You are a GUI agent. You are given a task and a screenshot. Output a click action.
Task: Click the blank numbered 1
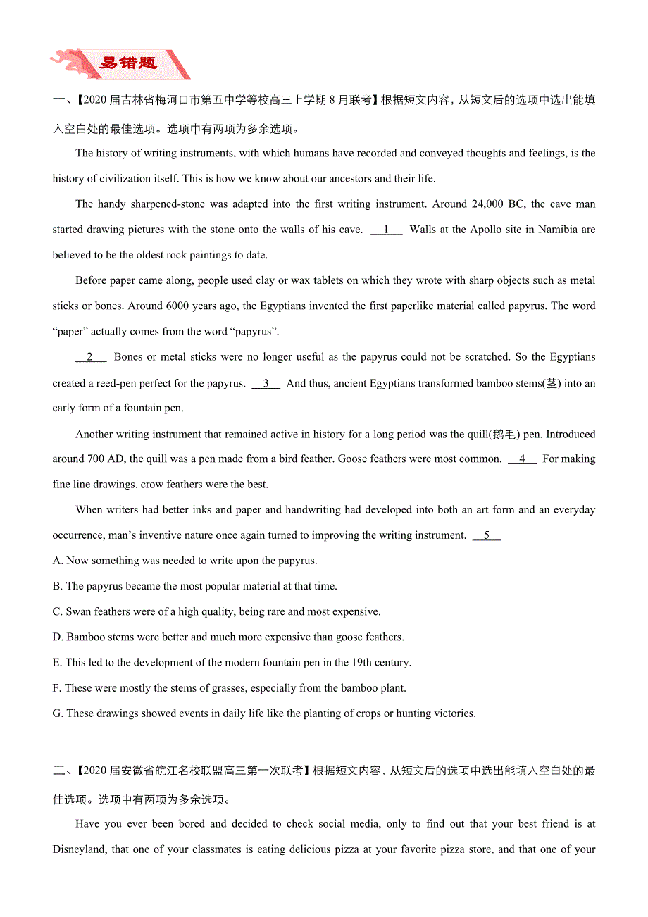386,230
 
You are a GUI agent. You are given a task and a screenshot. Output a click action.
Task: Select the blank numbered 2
90,357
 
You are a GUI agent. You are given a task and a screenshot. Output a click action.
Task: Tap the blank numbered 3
266,383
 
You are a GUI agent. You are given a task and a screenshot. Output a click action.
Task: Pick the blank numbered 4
522,459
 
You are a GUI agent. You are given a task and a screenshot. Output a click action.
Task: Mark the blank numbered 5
487,535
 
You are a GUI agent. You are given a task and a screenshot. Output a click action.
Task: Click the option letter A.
57,561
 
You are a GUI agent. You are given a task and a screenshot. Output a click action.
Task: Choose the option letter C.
57,612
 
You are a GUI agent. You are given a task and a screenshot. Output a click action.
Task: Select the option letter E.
57,663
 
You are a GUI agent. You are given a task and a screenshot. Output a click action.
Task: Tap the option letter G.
58,713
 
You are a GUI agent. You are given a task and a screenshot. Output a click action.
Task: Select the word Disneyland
81,849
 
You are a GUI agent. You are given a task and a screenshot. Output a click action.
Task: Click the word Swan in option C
79,612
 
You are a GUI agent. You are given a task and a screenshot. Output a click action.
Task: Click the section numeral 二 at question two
58,771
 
